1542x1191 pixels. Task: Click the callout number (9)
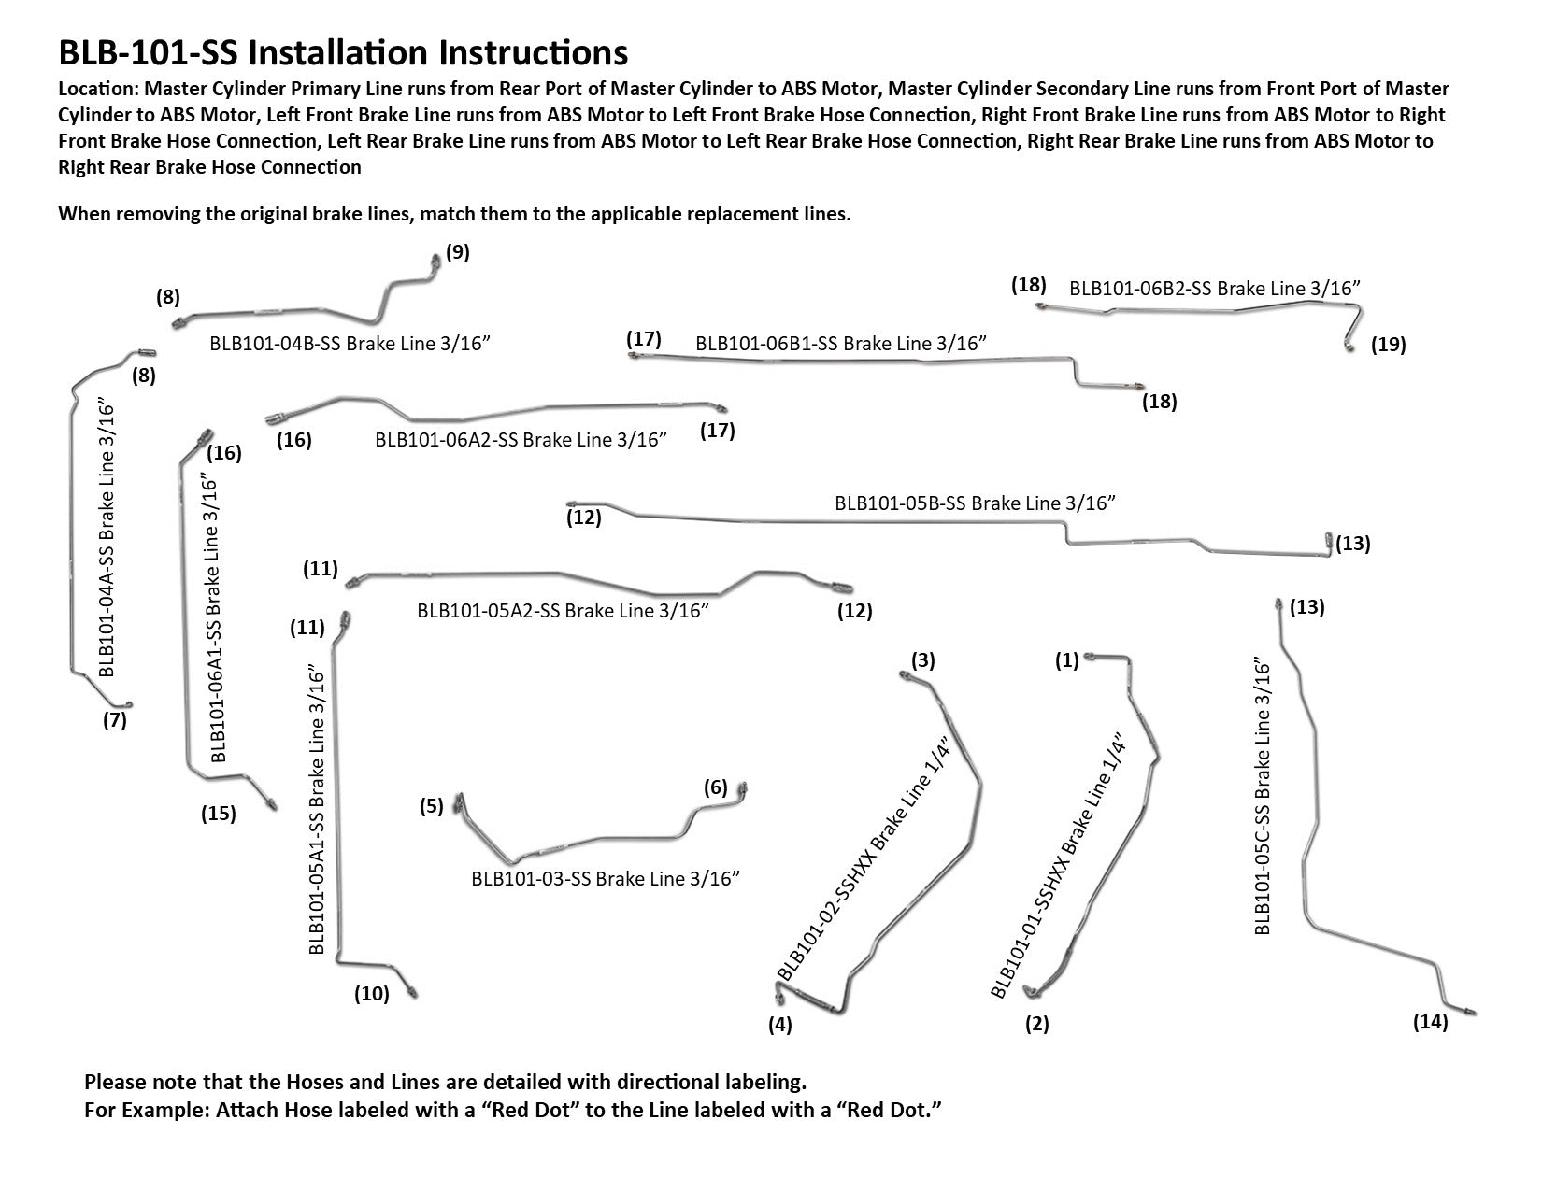pos(457,252)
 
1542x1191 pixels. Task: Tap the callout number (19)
pos(1388,345)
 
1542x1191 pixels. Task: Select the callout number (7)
pos(114,720)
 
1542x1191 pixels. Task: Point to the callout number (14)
pos(1430,1022)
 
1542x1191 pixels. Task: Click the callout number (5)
pos(431,806)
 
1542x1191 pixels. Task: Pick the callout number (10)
pos(371,994)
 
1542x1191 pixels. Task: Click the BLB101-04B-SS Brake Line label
pos(350,343)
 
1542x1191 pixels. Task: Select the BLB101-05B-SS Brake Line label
pos(976,503)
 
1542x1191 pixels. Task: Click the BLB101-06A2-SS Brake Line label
pos(521,439)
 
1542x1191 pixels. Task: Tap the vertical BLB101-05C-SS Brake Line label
pos(1263,798)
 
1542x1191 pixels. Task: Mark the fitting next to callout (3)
pos(906,676)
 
